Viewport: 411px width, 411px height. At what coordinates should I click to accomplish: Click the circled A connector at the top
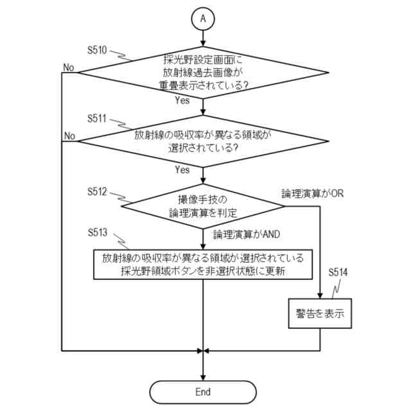(x=203, y=19)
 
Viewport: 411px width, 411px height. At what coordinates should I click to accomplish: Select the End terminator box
(x=203, y=392)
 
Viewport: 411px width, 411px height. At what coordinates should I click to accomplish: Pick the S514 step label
(x=337, y=272)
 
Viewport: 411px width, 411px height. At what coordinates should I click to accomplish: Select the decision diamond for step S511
(x=203, y=141)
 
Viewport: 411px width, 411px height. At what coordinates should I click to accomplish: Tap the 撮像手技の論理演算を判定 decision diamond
(x=203, y=205)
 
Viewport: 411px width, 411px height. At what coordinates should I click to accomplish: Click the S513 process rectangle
(x=203, y=265)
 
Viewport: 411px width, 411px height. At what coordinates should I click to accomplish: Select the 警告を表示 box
(x=320, y=315)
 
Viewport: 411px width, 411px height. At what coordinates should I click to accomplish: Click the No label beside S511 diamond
(x=69, y=136)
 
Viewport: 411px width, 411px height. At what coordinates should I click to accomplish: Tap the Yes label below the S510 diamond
(x=182, y=101)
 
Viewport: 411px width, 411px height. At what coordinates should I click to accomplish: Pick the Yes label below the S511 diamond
(x=182, y=170)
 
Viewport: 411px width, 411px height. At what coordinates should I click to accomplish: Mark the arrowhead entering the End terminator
(x=203, y=377)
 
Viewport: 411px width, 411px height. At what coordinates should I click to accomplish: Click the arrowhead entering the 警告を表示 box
(x=320, y=297)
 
